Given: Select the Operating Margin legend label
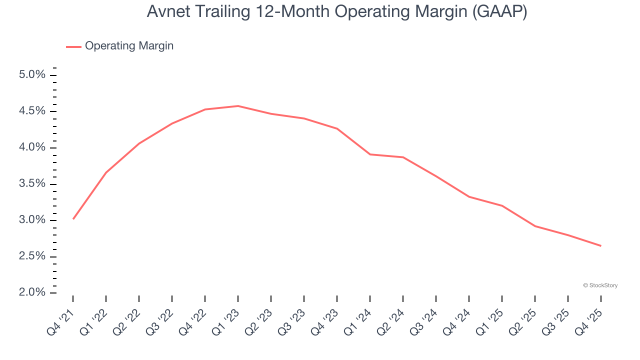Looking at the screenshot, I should click(x=129, y=46).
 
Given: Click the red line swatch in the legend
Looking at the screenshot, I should click(x=73, y=46).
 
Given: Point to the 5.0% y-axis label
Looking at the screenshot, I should click(x=32, y=75).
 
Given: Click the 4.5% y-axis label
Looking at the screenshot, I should click(x=32, y=111).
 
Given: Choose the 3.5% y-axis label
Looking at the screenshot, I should click(x=32, y=184).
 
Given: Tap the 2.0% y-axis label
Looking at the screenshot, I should click(x=32, y=292).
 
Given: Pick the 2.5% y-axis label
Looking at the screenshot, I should click(x=32, y=256).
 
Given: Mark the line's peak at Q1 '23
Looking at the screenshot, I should click(x=238, y=106).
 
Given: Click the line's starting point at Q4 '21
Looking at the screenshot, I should click(x=73, y=219).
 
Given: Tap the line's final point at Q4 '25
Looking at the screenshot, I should click(x=600, y=245).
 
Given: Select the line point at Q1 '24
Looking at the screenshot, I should click(x=370, y=154).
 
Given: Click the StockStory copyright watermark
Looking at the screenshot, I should click(x=600, y=285).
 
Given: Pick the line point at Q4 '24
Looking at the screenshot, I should click(x=469, y=196).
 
